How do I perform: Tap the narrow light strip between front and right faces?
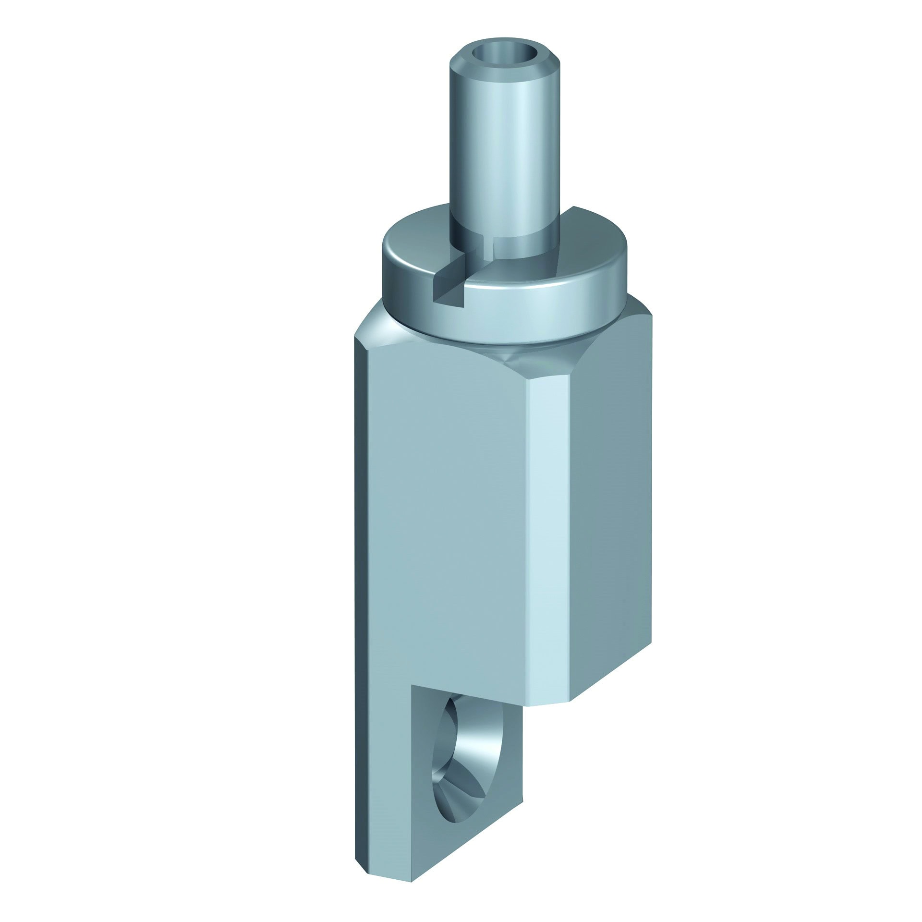pos(552,528)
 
